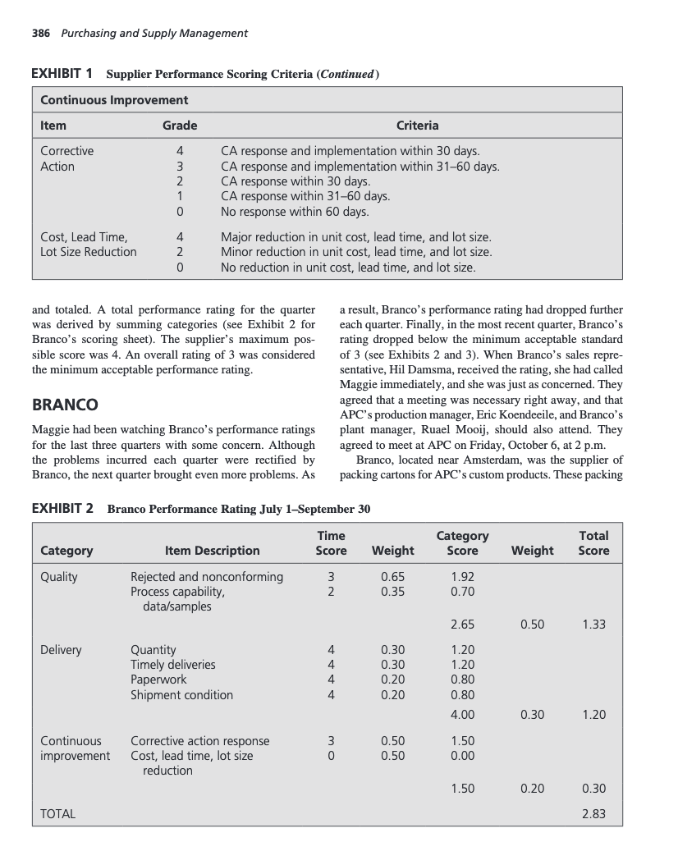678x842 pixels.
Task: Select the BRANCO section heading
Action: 65,405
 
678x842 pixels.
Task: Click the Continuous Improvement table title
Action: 115,100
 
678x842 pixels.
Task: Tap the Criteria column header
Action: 417,126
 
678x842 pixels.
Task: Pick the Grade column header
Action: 179,126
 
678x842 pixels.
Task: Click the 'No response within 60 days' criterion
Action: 295,212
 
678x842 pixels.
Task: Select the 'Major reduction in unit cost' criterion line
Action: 357,236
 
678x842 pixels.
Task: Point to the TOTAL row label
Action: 58,814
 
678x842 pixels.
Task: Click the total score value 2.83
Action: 593,814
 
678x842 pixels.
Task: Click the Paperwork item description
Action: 158,680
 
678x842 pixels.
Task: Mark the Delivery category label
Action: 61,650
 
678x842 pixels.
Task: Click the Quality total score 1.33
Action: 593,625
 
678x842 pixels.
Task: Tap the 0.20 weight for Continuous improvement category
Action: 532,789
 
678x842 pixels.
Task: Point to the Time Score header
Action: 330,542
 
